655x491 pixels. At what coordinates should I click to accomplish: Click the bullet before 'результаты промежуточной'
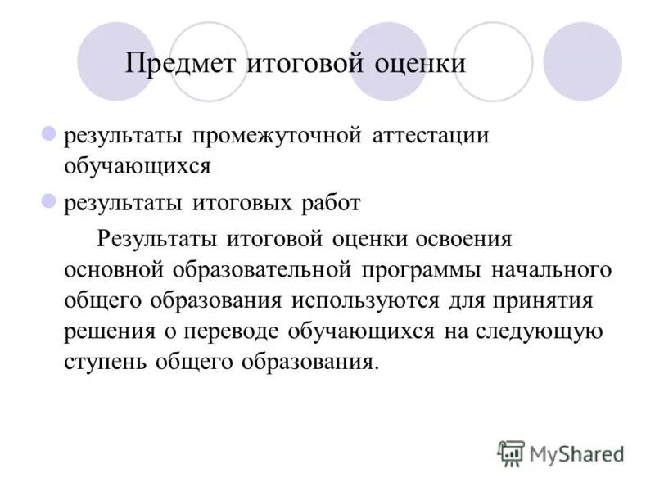point(48,133)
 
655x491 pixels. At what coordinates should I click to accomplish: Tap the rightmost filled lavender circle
point(582,61)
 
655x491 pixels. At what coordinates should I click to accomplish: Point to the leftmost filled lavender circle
point(116,61)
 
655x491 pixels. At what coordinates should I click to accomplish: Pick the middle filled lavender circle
point(388,61)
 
